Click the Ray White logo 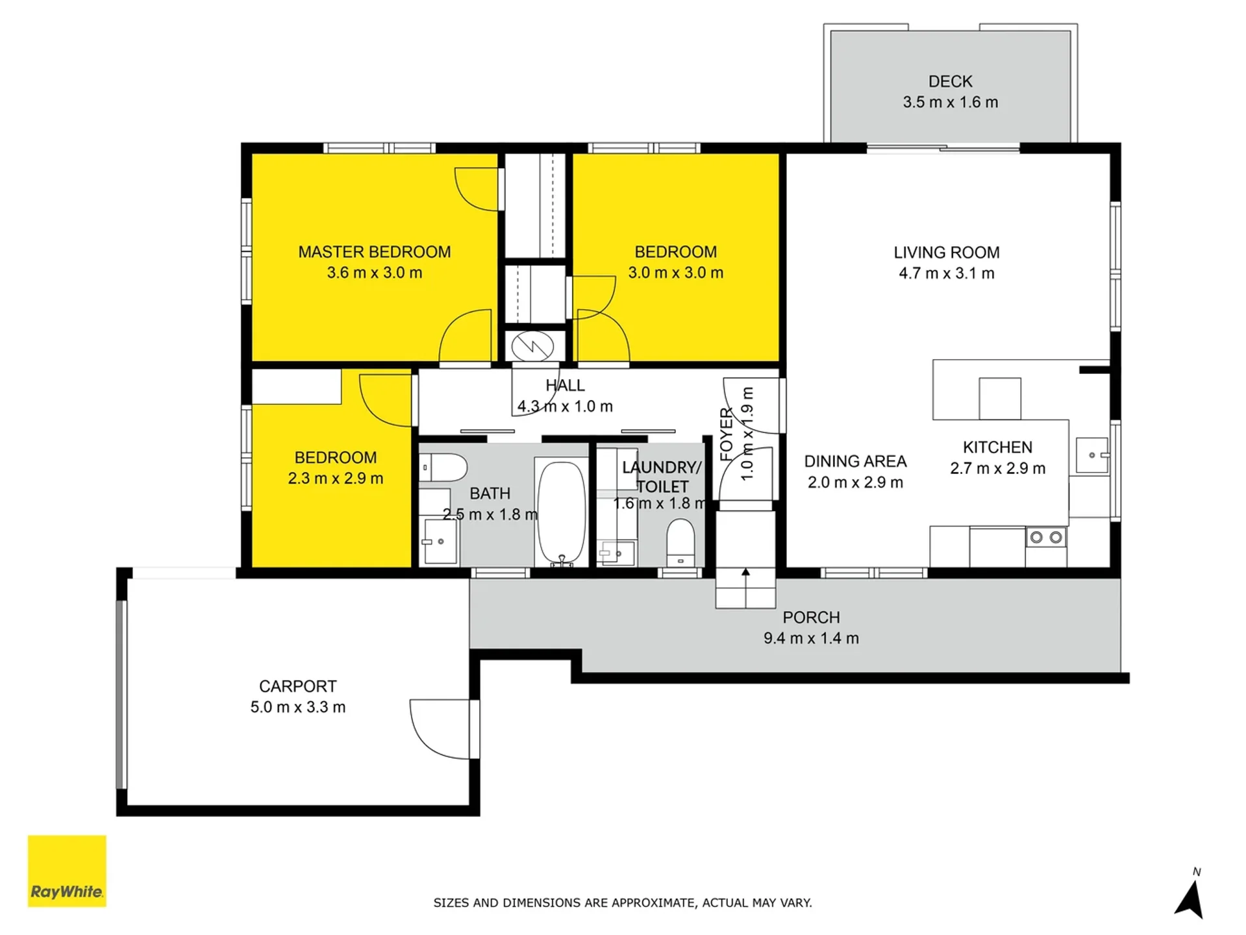coord(67,871)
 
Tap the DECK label coord(950,82)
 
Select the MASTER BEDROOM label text coord(374,252)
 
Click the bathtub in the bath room coord(561,512)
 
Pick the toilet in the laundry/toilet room coord(680,543)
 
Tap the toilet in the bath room coord(443,467)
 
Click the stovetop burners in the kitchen coord(1046,537)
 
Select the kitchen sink coord(1092,455)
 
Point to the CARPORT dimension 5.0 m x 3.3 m coord(298,707)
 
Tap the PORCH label coord(811,617)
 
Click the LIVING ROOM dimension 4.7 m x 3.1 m coord(946,273)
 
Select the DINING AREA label coord(855,462)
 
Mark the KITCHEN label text coord(997,447)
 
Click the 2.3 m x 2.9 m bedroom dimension coord(336,479)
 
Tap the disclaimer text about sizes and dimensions coord(623,903)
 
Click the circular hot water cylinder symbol coord(532,346)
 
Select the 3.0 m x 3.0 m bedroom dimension coord(675,273)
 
